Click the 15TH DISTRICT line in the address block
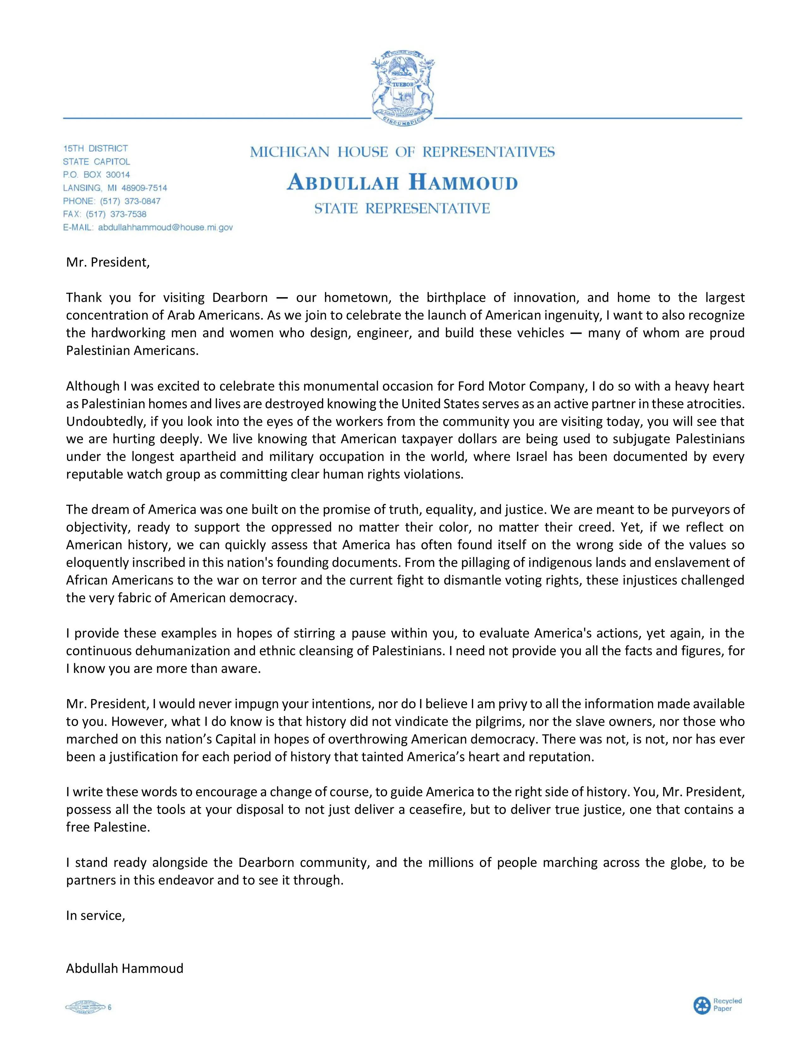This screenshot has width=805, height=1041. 95,148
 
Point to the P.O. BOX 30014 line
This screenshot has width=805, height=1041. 96,174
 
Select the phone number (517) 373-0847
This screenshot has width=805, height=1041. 130,201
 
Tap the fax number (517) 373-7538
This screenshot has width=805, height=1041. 116,214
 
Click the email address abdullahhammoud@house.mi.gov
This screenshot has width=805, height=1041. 165,227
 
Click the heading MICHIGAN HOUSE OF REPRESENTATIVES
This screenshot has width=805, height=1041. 402,152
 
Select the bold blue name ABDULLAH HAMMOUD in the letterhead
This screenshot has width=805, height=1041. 402,183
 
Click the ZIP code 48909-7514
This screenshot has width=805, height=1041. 144,188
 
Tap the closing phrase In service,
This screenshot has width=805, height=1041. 95,915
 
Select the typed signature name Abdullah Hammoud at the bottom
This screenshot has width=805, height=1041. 124,968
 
